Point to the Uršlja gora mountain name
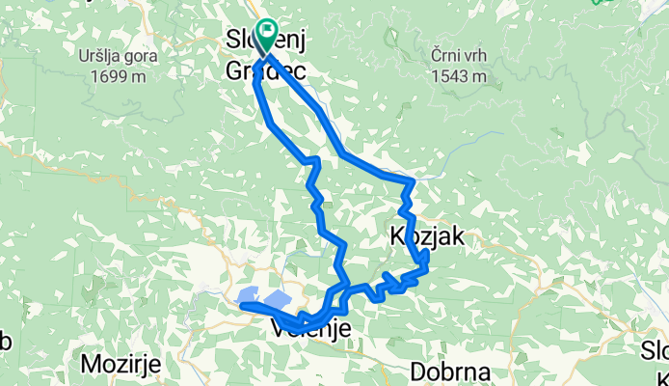click(120, 55)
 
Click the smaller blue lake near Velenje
click(246, 296)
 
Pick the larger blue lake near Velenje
click(277, 301)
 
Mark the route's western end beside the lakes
click(243, 307)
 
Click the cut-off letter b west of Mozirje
click(5, 343)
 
